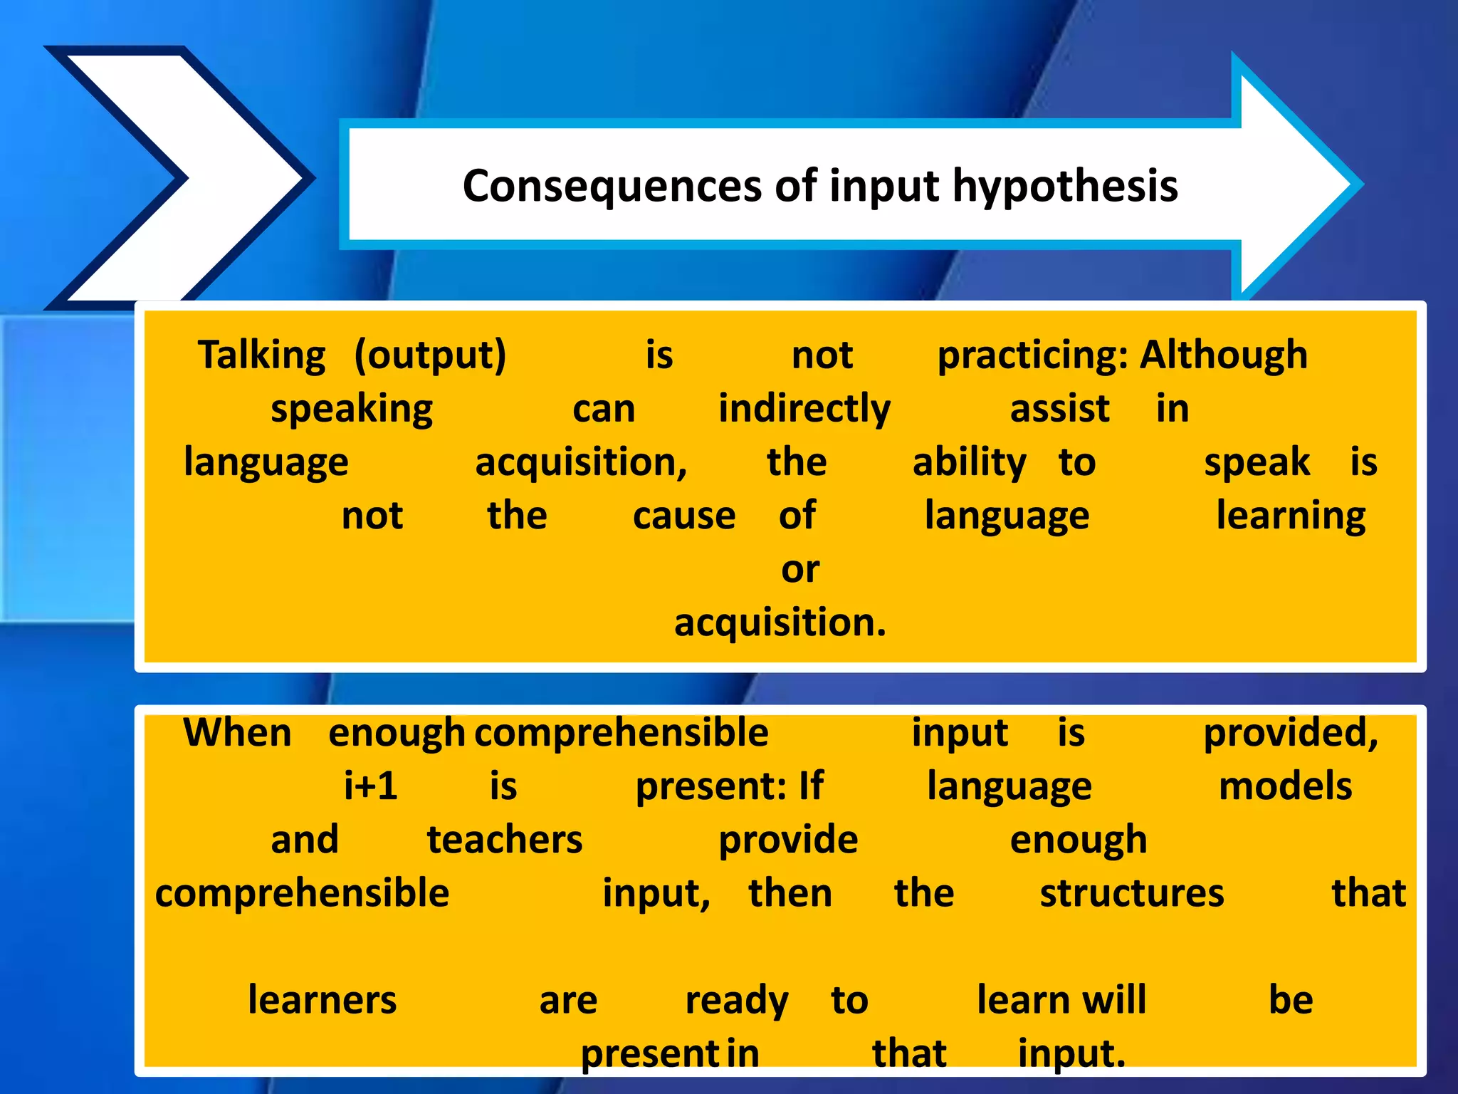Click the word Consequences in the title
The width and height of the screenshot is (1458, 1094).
point(613,187)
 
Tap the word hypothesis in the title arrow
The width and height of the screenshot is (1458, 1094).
point(1065,187)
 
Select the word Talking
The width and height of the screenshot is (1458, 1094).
point(261,355)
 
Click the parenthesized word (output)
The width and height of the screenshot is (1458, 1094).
point(430,355)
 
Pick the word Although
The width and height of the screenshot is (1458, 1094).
point(1224,355)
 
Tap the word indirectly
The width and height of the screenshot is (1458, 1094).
point(804,409)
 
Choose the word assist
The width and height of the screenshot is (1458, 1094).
point(1059,409)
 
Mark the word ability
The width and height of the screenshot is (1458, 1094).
point(969,462)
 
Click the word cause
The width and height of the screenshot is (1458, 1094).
point(684,516)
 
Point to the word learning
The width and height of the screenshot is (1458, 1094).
point(1291,516)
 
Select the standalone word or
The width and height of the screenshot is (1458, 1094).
point(800,569)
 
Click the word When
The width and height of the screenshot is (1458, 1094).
point(237,733)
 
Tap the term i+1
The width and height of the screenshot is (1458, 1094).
point(370,786)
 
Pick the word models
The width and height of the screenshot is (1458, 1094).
point(1285,786)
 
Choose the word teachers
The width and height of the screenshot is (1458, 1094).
point(505,840)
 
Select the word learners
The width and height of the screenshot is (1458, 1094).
point(322,1000)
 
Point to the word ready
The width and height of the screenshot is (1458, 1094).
point(737,1000)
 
